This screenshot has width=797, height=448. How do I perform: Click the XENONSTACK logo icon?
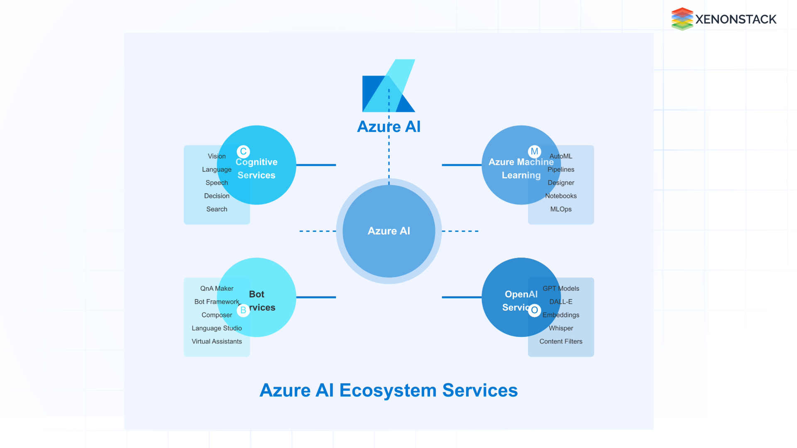(x=682, y=19)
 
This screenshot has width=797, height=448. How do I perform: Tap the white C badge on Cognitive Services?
(x=243, y=151)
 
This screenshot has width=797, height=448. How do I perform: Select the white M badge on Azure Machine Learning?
(x=534, y=151)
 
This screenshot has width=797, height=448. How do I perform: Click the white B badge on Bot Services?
(x=243, y=310)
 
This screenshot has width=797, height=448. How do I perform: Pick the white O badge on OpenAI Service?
(x=534, y=310)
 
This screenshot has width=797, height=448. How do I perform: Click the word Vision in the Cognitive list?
(x=217, y=156)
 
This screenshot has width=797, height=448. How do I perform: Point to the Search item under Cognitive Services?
(x=217, y=209)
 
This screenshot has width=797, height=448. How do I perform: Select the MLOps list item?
(x=561, y=209)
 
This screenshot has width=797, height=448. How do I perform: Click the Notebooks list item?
(x=561, y=196)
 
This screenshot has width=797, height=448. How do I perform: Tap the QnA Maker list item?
(x=217, y=288)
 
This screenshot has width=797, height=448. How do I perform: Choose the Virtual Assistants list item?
(x=217, y=341)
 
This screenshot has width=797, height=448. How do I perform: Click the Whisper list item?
(x=561, y=328)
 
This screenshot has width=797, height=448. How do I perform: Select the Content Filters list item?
(x=561, y=341)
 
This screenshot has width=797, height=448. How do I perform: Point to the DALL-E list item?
(x=561, y=302)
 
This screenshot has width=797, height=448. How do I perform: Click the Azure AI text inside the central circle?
(x=389, y=231)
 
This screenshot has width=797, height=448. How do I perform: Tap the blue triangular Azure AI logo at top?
(x=389, y=87)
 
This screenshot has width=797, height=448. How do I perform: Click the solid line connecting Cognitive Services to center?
(x=316, y=165)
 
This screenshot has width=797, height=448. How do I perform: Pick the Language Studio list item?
(x=217, y=328)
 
